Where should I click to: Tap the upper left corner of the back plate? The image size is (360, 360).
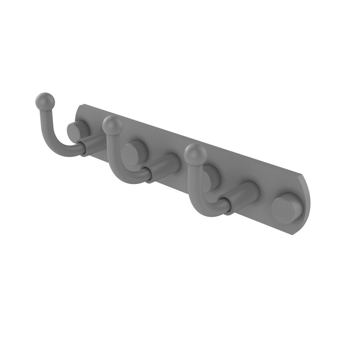[x=81, y=105]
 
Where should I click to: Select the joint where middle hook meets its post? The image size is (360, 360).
[x=148, y=174]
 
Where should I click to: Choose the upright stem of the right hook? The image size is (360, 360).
[x=191, y=176]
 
